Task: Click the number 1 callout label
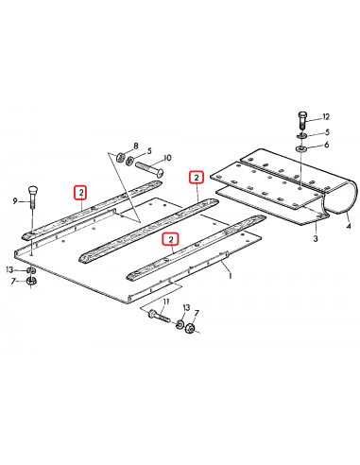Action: (229, 269)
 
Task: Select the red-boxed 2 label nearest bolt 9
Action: (81, 193)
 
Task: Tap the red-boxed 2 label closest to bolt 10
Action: (197, 177)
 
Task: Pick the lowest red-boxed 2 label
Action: (170, 240)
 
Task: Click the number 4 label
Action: (348, 228)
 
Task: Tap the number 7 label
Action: (136, 146)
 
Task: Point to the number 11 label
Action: (326, 115)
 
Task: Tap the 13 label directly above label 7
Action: (10, 269)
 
